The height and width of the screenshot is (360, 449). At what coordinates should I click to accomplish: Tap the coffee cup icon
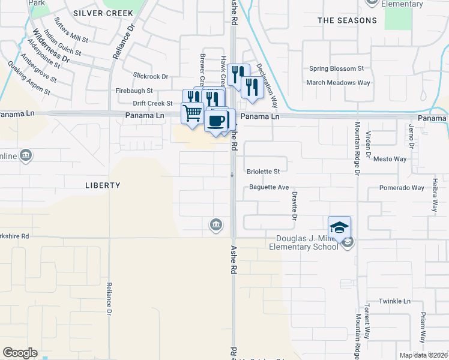click(x=216, y=119)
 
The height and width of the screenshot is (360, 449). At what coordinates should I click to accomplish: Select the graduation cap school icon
click(x=339, y=228)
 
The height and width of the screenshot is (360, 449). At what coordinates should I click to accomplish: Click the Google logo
click(x=20, y=353)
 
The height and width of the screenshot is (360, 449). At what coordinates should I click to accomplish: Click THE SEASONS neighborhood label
click(x=348, y=20)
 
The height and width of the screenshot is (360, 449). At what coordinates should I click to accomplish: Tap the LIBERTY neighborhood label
click(x=103, y=185)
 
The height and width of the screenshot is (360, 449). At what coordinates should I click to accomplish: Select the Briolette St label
click(x=264, y=171)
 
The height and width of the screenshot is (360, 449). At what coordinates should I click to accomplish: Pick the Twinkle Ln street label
click(x=394, y=301)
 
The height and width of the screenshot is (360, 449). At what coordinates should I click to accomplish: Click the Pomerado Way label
click(x=402, y=188)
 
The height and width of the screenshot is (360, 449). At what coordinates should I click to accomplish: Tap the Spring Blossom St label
click(x=337, y=69)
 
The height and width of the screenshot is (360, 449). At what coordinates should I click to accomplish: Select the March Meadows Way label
click(x=338, y=83)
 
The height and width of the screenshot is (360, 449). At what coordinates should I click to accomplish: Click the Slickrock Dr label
click(x=151, y=77)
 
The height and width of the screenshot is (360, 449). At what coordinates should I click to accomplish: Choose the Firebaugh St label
click(x=134, y=91)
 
